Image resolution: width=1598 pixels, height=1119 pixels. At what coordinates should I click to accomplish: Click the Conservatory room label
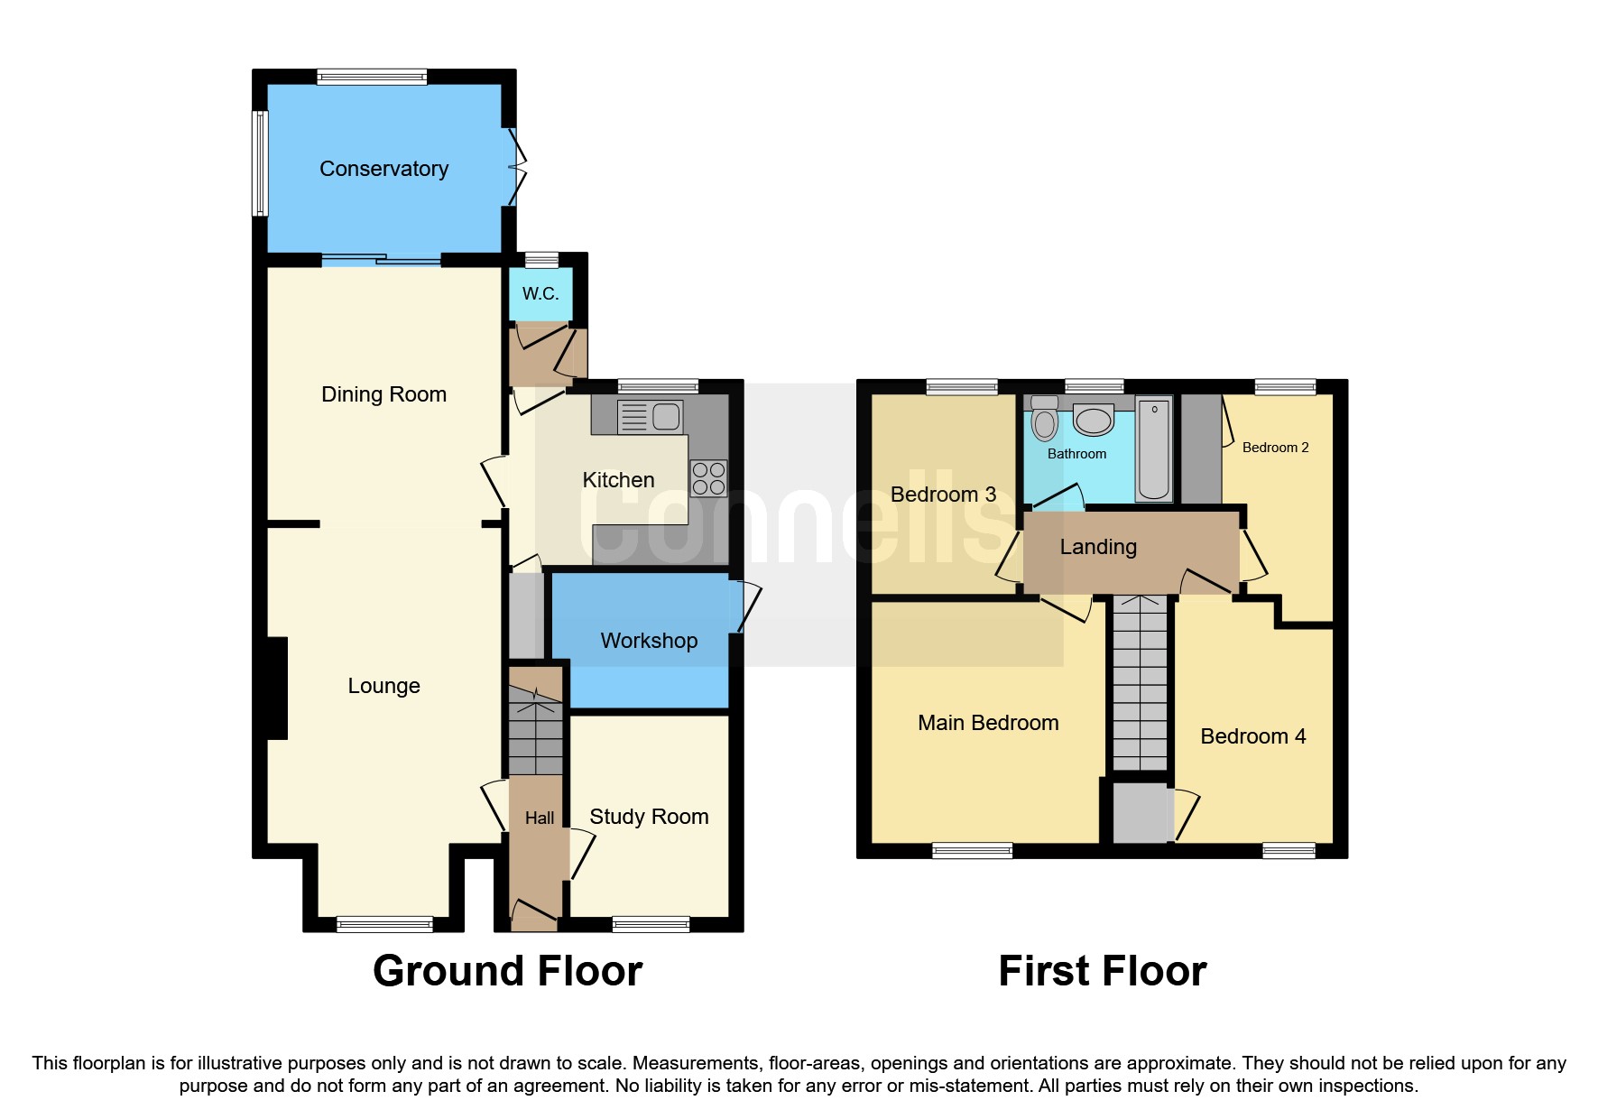coord(383,169)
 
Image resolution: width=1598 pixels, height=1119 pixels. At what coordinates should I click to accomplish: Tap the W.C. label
coord(540,293)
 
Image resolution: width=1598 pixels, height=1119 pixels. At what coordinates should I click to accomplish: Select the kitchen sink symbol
coord(650,417)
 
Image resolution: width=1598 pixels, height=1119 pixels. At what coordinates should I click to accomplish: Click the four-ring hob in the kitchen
coord(708,478)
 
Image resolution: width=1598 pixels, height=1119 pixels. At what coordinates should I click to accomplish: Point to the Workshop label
coord(649,641)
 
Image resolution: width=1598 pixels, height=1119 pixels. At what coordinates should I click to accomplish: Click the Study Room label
coord(649,817)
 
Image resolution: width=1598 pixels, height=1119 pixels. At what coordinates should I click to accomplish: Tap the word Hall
coord(540,818)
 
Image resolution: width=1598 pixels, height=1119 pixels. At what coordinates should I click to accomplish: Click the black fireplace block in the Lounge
coord(277,689)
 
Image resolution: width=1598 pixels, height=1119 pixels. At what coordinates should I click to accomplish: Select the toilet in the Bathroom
coord(1044,420)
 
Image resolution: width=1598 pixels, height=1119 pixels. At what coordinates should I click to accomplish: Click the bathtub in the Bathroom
coord(1153,449)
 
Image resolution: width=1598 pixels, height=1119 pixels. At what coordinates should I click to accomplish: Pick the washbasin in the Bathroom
coord(1094,421)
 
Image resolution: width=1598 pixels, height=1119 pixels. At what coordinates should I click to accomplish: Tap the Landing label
coord(1098,547)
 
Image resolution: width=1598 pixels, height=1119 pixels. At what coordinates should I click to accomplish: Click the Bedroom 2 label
coord(1275,448)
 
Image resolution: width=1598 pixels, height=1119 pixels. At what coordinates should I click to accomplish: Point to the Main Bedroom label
coord(988,723)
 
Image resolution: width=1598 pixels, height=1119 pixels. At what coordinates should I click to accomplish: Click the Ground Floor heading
coord(507,972)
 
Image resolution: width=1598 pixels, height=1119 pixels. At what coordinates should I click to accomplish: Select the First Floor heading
coord(1102,972)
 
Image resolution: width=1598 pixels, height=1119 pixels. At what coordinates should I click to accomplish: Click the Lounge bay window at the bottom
coord(384,923)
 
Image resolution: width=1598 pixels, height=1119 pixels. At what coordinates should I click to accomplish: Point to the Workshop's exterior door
coord(748,606)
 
